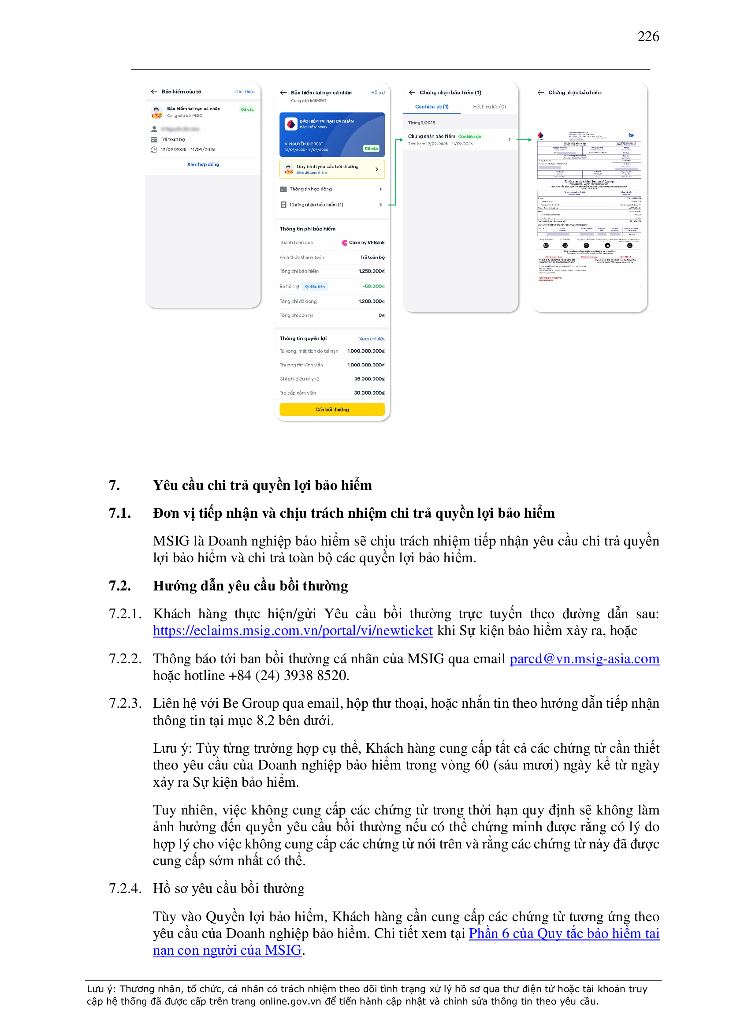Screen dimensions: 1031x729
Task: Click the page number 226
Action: tap(648, 36)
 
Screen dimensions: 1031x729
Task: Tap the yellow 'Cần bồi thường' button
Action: tap(332, 409)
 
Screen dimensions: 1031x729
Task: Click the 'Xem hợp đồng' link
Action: tap(203, 164)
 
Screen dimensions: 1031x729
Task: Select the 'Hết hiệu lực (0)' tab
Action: tap(489, 107)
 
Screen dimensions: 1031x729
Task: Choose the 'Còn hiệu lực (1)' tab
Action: tap(431, 107)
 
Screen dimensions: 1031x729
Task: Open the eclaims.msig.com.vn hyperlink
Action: tap(293, 631)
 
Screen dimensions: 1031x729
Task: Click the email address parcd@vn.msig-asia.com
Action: tap(584, 659)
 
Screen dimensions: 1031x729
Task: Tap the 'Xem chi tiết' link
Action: tap(371, 339)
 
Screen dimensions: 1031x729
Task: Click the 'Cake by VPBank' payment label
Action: tap(366, 243)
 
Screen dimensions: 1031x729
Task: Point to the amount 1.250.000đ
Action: tap(371, 271)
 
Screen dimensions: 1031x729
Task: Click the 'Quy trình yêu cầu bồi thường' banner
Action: tap(332, 169)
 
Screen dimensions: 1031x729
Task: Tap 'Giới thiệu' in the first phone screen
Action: tap(245, 92)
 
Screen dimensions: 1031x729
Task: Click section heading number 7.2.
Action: tap(120, 586)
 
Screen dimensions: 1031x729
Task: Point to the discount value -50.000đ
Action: tap(373, 286)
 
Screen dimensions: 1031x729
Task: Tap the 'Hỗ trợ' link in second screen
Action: tap(378, 93)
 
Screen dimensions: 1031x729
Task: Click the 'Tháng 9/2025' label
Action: tap(421, 123)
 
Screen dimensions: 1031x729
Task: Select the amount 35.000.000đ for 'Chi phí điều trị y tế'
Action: tap(369, 379)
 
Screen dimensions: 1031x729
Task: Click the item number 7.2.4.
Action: tap(125, 889)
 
